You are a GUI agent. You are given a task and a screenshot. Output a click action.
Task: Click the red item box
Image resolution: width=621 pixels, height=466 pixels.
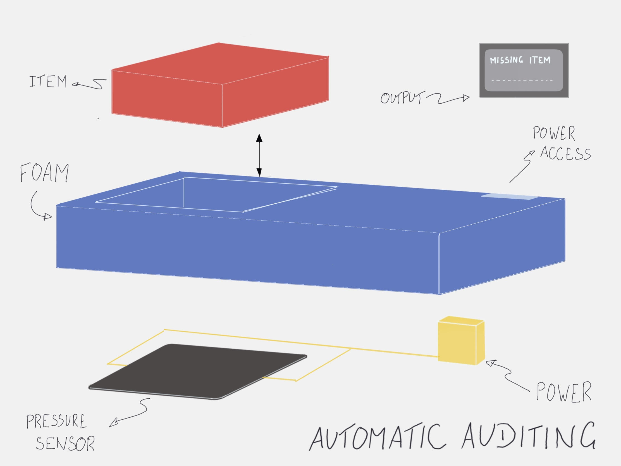(x=220, y=85)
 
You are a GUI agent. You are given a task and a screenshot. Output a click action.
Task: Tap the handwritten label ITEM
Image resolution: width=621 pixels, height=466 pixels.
(x=48, y=82)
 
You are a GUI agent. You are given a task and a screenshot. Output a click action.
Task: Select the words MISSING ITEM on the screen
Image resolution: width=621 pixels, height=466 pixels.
(x=520, y=60)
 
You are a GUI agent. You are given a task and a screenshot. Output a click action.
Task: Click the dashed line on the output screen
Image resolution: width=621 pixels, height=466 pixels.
(x=522, y=80)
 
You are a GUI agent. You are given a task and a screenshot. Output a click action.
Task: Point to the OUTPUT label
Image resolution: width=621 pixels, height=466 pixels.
(x=402, y=98)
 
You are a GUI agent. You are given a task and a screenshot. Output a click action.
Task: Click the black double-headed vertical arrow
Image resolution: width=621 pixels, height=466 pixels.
(x=259, y=155)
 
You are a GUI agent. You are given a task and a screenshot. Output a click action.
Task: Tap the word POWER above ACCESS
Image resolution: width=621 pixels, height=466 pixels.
(x=554, y=133)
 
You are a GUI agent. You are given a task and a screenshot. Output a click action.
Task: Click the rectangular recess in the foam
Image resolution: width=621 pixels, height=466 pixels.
(x=216, y=194)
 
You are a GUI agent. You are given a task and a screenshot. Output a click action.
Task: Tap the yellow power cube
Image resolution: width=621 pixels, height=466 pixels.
(x=461, y=341)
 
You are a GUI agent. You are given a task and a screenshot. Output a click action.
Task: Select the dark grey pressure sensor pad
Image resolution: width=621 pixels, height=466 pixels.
(x=198, y=371)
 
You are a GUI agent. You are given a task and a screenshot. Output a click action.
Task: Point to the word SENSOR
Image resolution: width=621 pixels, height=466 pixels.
(x=65, y=444)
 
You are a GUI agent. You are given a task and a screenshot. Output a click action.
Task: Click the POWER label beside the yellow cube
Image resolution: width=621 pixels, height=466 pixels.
(x=564, y=392)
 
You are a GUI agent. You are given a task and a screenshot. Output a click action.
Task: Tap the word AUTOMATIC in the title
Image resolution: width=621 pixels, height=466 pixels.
(x=378, y=438)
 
